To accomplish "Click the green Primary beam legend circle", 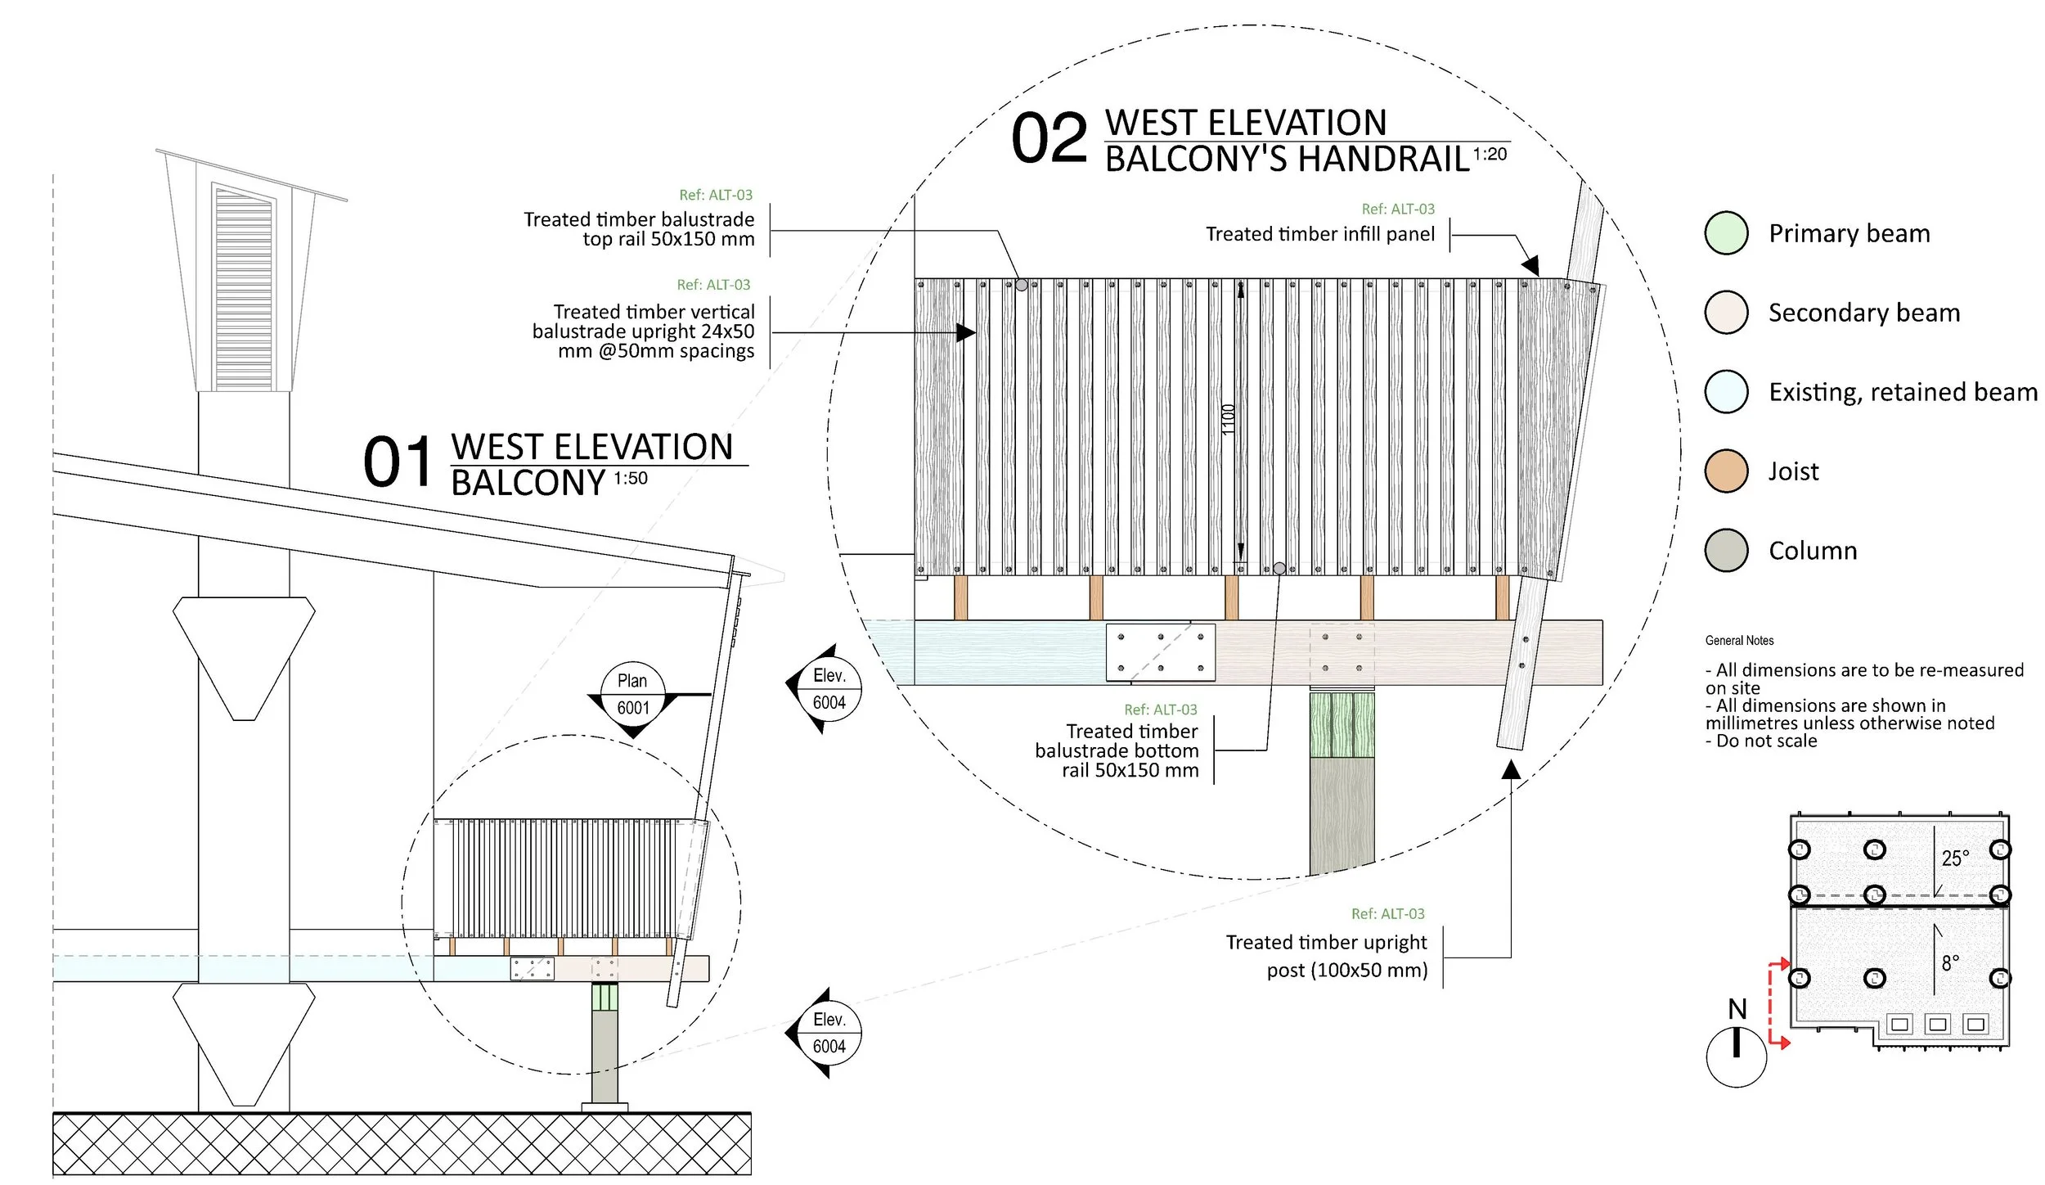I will coord(1726,233).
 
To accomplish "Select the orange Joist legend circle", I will coord(1726,471).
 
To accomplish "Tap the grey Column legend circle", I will coord(1726,550).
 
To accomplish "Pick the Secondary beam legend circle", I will coord(1726,312).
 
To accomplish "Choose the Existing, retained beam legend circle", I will coord(1726,391).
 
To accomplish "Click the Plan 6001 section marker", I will coord(632,694).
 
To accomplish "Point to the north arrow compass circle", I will coord(1736,1057).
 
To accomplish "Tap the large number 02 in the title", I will coord(1049,138).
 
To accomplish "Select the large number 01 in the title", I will coord(398,462).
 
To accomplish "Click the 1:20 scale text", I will coord(1490,155).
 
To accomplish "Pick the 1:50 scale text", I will coord(631,479).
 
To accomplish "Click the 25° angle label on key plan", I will coord(1955,858).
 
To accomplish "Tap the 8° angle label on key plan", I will coord(1950,963).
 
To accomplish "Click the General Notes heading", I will coord(1739,641).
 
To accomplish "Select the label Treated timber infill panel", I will coord(1320,235).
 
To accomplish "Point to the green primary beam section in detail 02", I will coord(1342,725).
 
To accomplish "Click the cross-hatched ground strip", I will coord(402,1144).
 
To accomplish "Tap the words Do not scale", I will coord(1766,741).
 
